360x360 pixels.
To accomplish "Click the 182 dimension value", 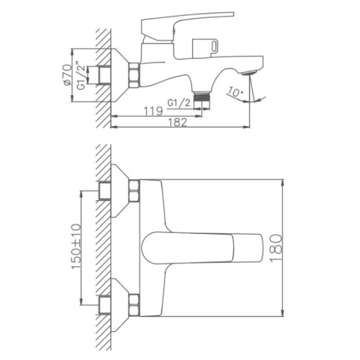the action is [x=177, y=122].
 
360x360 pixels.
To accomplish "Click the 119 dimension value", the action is [x=153, y=111].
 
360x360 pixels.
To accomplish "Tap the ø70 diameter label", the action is [x=67, y=75].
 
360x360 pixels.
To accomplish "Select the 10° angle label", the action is [x=235, y=92].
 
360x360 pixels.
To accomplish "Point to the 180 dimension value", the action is [x=276, y=248].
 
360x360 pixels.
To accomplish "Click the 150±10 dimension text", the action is [x=76, y=246].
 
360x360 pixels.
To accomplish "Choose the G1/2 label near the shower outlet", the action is [x=179, y=103].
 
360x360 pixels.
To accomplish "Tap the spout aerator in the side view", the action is [x=249, y=72].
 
